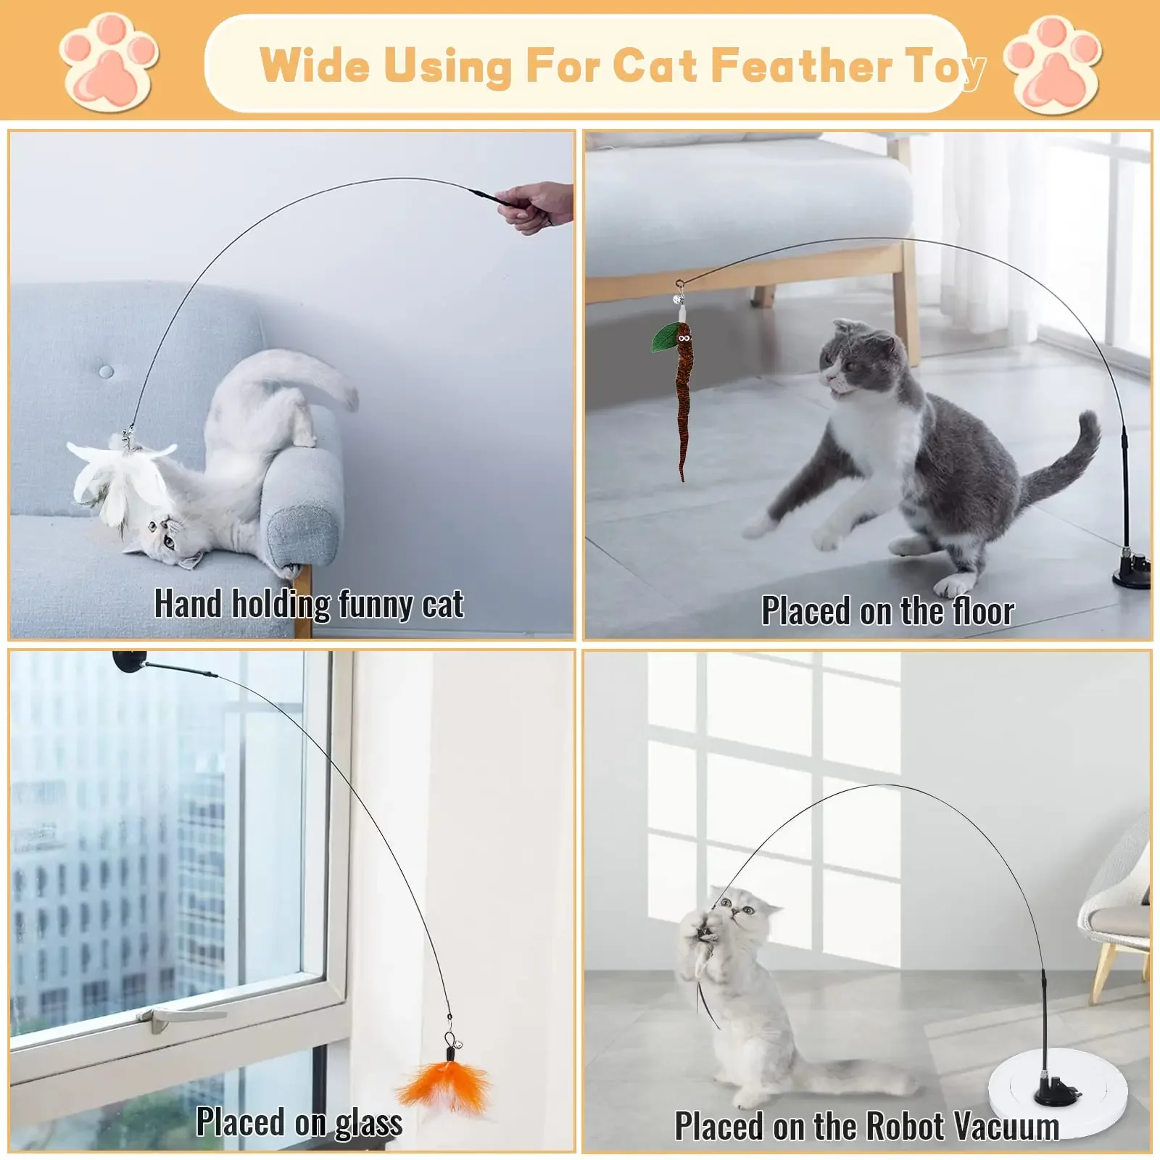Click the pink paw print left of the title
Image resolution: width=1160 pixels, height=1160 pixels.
click(109, 63)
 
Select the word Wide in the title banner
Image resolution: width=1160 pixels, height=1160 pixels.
click(314, 65)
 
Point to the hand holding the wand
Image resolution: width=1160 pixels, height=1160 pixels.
click(536, 206)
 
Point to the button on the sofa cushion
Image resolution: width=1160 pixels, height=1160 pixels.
click(107, 372)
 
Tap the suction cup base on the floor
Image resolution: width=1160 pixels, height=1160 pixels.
click(1132, 572)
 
